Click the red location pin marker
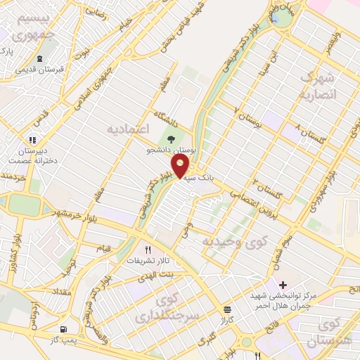(x=181, y=167)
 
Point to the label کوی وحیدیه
(x=227, y=241)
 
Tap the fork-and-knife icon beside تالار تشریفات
(x=148, y=249)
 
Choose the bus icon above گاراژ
(x=226, y=309)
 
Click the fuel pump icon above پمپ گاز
(x=65, y=329)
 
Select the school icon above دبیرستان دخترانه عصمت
(x=32, y=140)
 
